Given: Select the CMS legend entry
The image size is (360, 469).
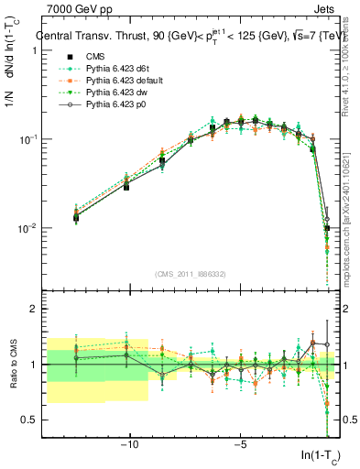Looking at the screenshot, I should pos(95,56).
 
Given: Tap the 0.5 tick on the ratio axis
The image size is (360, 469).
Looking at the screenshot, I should pos(31,420).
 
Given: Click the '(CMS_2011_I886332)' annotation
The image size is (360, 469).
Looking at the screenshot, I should pos(192,274).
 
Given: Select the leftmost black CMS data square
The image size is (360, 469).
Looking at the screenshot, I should pos(76,217).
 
